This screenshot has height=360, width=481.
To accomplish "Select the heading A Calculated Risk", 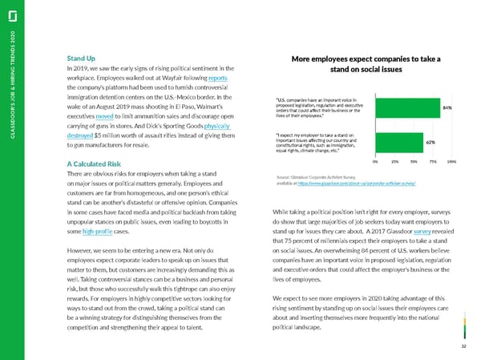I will tap(95, 164).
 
